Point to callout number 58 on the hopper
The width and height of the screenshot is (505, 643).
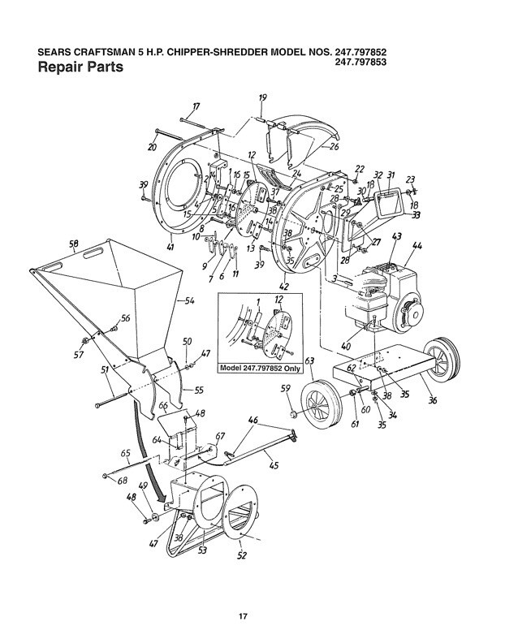(x=73, y=244)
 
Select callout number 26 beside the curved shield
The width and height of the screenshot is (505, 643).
(x=333, y=148)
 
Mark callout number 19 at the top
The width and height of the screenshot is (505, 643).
(x=262, y=98)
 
